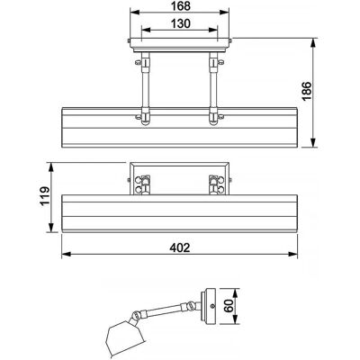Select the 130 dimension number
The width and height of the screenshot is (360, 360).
[x=181, y=23]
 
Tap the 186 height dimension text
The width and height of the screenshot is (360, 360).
[x=307, y=92]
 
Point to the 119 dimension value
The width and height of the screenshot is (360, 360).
[x=45, y=195]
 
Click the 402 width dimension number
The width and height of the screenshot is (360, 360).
[x=180, y=247]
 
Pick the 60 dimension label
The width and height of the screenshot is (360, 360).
[x=229, y=306]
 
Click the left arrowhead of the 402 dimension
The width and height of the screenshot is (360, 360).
[x=66, y=254]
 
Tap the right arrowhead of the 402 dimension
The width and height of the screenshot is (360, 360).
[x=293, y=254]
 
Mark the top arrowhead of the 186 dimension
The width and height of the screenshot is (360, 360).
[x=313, y=42]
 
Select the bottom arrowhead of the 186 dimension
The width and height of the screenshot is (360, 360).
[x=313, y=143]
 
